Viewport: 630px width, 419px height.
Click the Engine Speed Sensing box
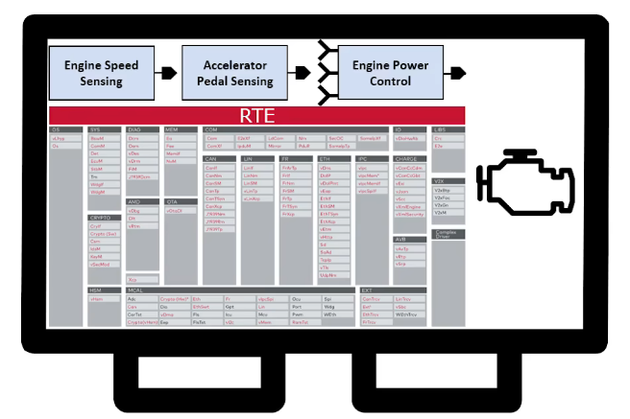[101, 74]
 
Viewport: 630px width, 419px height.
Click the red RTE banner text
[257, 115]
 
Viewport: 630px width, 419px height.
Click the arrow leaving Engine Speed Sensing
[170, 73]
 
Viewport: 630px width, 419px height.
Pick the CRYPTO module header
[101, 218]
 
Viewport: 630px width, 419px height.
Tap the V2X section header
[441, 180]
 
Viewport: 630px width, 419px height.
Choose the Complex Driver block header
[448, 234]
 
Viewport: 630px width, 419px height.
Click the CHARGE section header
[405, 158]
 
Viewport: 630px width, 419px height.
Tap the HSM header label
[96, 289]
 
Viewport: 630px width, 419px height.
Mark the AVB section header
[401, 239]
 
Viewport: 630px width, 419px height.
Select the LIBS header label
[441, 128]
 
